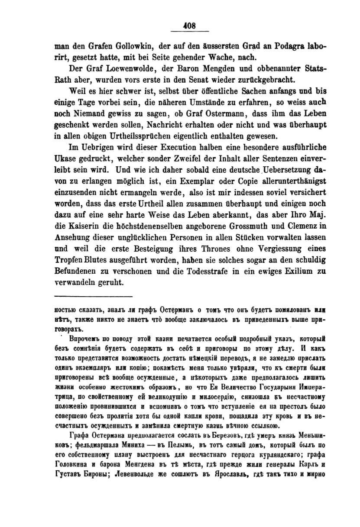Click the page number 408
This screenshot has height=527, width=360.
(x=190, y=26)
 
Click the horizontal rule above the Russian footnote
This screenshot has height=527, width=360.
(x=93, y=296)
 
